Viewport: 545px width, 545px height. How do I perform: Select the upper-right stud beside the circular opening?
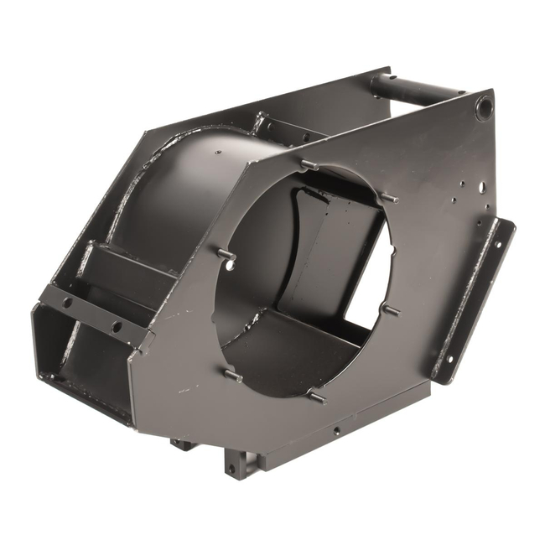[387, 199]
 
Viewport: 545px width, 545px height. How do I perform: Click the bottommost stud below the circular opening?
[315, 397]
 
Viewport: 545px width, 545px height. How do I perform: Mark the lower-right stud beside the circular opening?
[390, 311]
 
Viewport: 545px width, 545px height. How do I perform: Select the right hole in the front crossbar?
[116, 326]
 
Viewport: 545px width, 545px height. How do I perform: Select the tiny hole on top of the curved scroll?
[217, 153]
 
